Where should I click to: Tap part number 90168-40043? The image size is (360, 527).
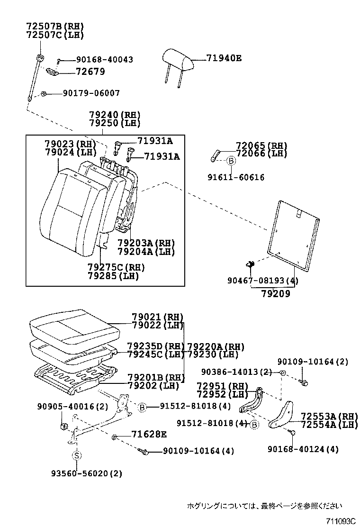tap(98, 60)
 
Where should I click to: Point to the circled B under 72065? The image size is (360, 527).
tap(231, 161)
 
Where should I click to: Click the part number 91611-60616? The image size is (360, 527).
tap(236, 177)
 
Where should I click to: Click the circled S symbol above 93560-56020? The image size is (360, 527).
tap(77, 455)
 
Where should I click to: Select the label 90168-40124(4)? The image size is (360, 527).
tap(303, 449)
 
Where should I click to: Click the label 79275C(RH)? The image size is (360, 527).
tap(116, 268)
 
